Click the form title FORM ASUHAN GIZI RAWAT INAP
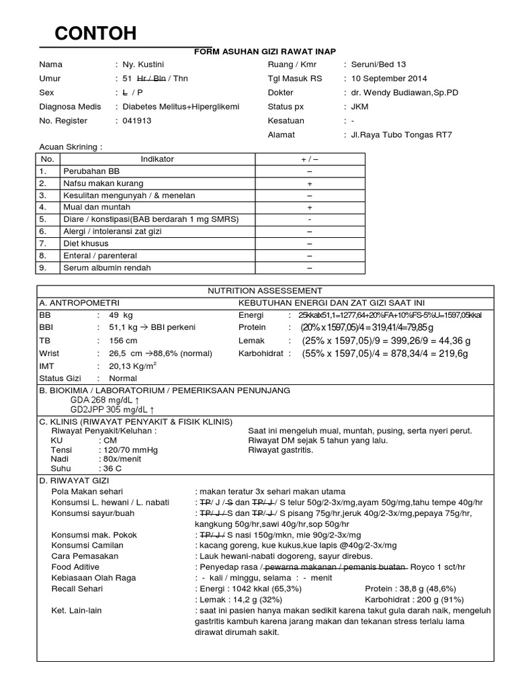[265, 52]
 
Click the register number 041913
[137, 121]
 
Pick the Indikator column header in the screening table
[157, 159]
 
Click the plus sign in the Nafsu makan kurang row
[310, 183]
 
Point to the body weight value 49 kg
[121, 314]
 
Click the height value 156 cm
[124, 341]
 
